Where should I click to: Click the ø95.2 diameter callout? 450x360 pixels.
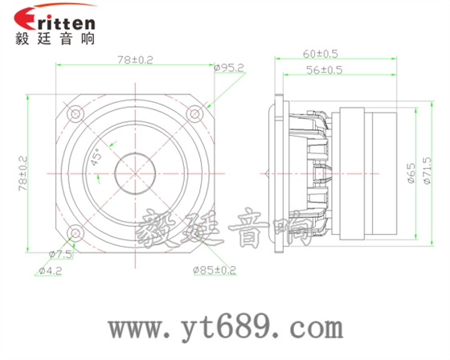[230, 68]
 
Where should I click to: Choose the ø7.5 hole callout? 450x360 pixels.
[60, 254]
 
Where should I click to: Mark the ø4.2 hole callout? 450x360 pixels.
[51, 271]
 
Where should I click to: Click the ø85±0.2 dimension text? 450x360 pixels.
[215, 270]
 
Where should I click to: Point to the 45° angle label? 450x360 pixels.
[96, 156]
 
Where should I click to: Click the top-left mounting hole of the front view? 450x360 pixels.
[75, 112]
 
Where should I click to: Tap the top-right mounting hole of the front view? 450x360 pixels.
[194, 112]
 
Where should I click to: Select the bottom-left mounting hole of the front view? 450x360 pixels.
[75, 233]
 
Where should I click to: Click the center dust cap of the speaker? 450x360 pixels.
[134, 173]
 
